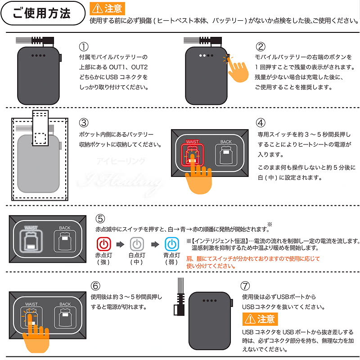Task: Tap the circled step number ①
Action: click(x=84, y=47)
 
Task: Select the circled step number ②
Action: click(x=261, y=47)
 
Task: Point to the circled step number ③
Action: click(x=84, y=122)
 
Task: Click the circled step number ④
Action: click(x=261, y=122)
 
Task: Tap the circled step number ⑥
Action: click(x=95, y=286)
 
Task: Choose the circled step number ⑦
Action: click(x=245, y=286)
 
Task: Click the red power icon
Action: click(x=104, y=244)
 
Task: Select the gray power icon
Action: click(x=137, y=244)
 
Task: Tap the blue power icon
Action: click(x=171, y=244)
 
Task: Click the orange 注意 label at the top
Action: click(x=108, y=8)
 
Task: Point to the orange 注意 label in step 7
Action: click(x=260, y=319)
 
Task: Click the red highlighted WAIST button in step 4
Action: click(x=192, y=154)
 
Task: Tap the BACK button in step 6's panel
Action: click(x=65, y=317)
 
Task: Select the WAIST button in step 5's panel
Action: click(x=31, y=238)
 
